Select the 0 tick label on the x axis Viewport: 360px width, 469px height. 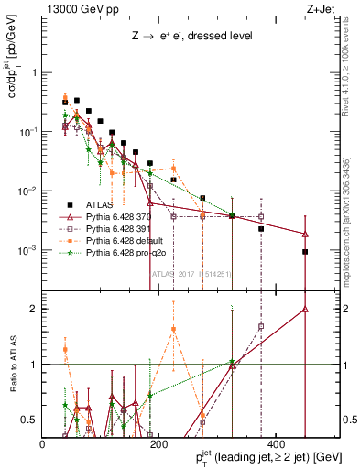[43, 442]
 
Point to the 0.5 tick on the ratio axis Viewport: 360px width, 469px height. [29, 420]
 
